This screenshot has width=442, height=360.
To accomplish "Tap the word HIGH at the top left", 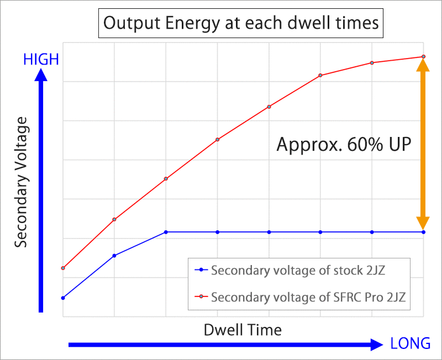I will point(41,60).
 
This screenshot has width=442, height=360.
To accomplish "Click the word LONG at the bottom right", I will point(410,343).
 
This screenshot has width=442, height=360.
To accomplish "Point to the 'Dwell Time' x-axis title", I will point(243,330).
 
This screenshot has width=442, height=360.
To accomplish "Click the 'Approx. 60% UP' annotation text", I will point(344,145).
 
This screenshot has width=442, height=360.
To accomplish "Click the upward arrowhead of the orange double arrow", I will point(423,65).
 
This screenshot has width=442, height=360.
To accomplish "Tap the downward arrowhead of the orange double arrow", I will point(423,223).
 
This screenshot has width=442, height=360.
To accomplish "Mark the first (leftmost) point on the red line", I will point(63,268).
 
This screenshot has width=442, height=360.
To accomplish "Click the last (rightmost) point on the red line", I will point(423,56).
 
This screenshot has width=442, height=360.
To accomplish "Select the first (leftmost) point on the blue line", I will point(63,298).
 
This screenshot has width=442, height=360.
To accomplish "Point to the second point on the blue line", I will point(114,256).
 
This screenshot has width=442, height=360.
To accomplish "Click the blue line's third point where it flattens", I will point(166,232).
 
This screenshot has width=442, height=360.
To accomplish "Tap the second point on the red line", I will point(114,220).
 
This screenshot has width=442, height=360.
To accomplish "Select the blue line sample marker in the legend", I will point(201,271).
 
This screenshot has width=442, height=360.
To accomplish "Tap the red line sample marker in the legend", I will point(201,297).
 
